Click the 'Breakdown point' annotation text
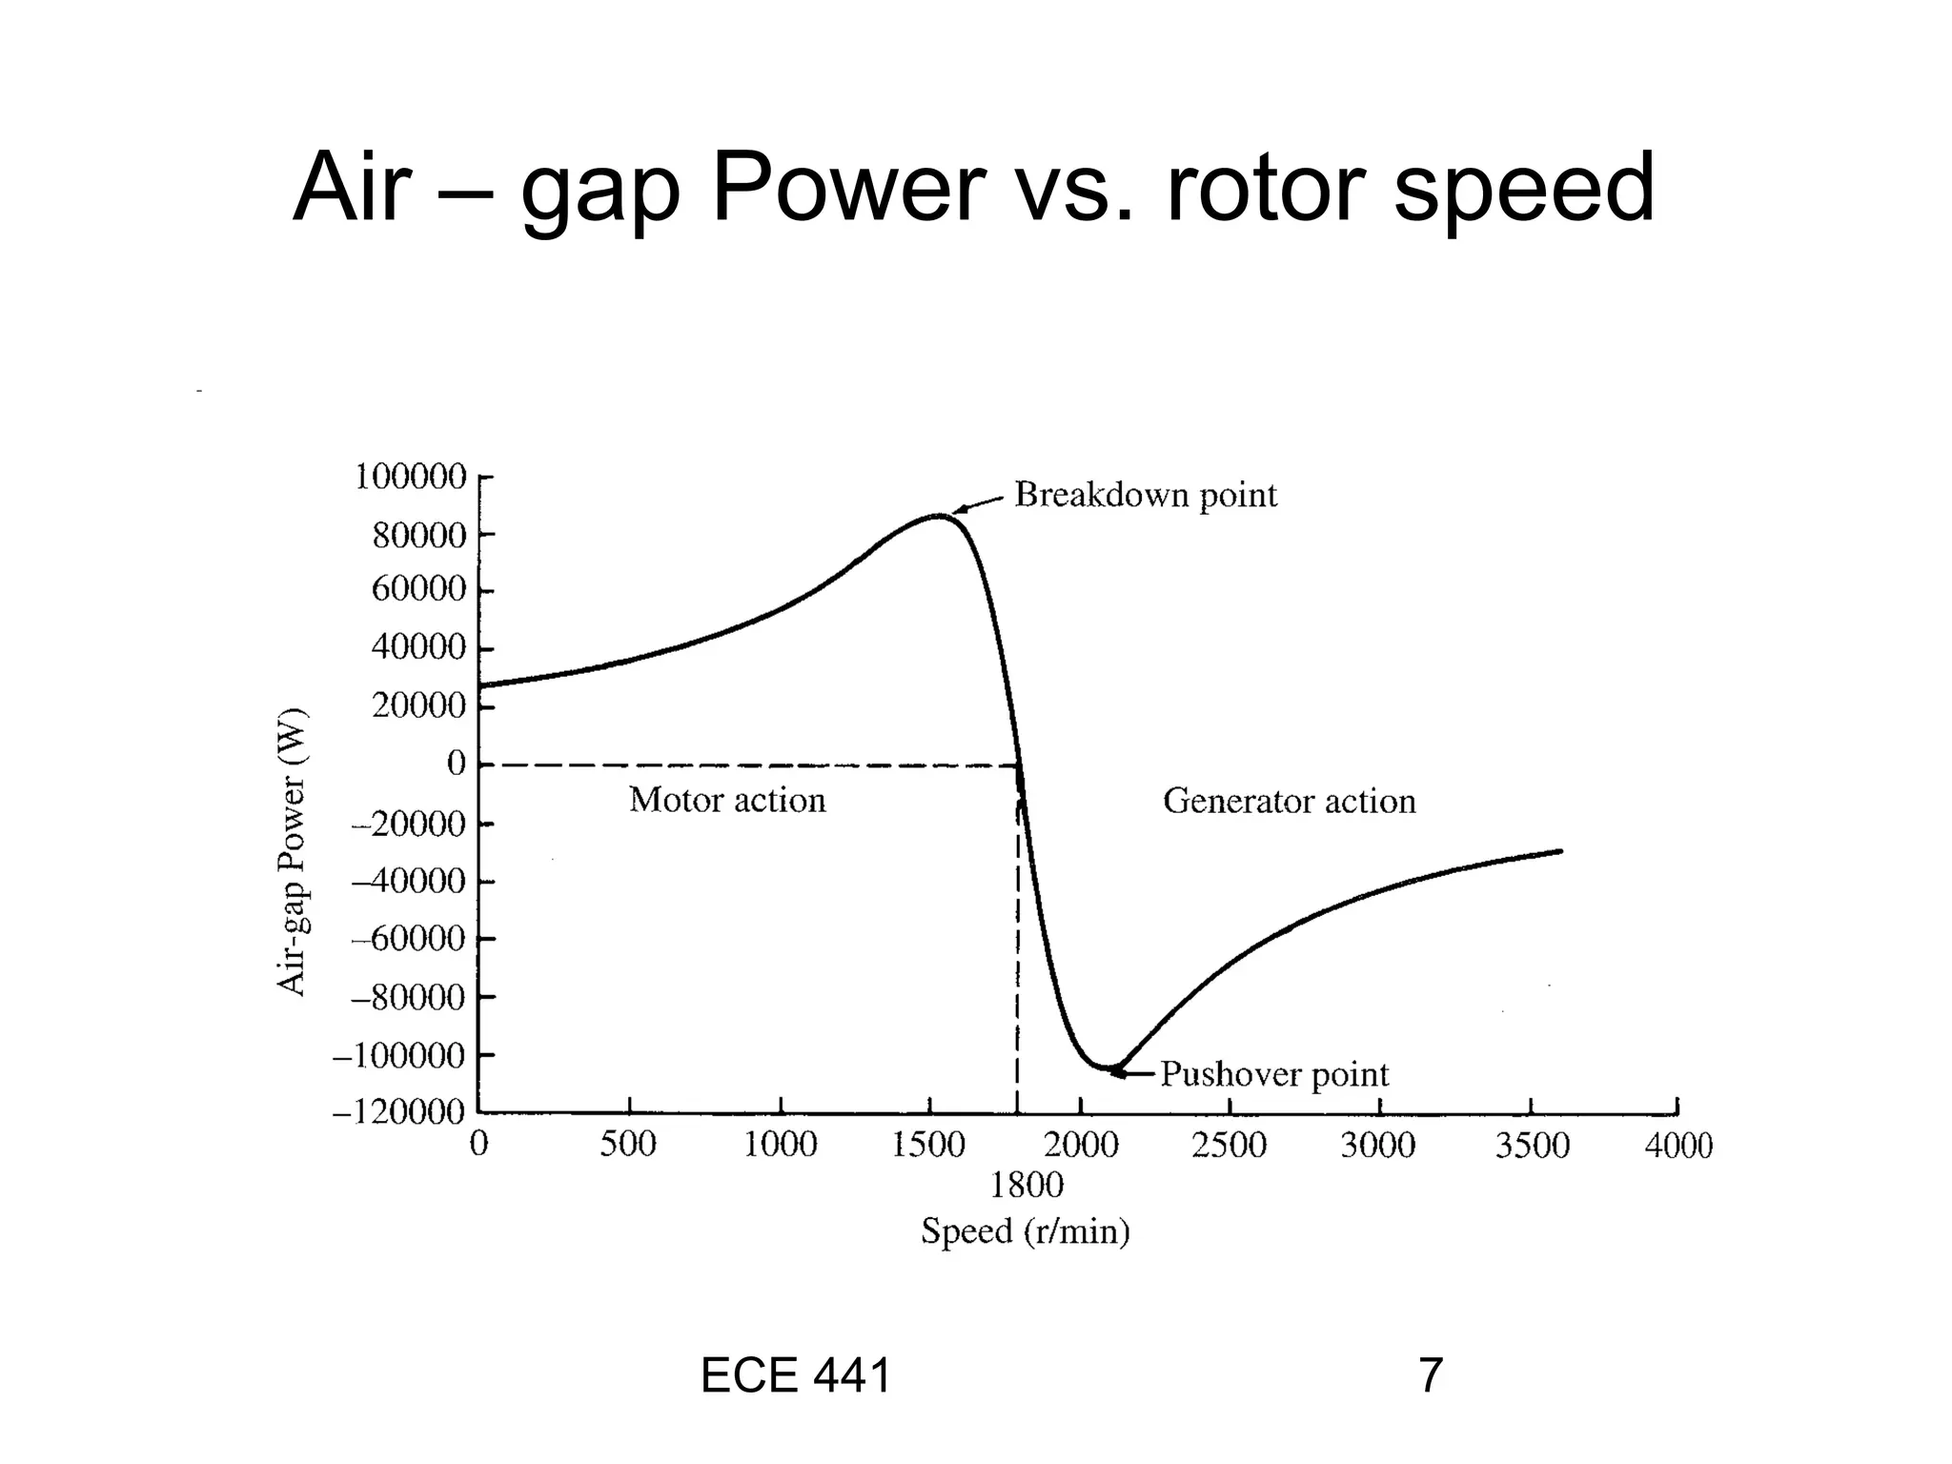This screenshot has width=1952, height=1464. point(1145,495)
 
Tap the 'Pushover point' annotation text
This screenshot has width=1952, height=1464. point(1274,1075)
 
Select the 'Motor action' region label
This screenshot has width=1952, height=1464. point(727,800)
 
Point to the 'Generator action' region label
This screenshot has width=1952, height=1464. point(1289,801)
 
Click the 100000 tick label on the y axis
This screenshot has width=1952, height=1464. point(411,476)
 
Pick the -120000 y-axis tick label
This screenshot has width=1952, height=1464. point(398,1112)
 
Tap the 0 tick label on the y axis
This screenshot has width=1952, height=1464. point(456,763)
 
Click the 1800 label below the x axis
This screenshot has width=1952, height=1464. point(1026,1186)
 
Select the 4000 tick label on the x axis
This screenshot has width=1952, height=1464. point(1677,1145)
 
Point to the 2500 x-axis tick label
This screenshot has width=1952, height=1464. point(1229,1145)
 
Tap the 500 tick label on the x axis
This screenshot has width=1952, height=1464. point(628,1145)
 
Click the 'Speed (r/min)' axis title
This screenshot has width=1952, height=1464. point(1025,1231)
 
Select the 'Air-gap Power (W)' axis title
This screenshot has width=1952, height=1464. point(292,851)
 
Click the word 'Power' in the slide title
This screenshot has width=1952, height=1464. point(848,188)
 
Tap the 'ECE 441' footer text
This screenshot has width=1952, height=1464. point(795,1375)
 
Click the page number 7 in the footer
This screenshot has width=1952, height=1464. point(1430,1375)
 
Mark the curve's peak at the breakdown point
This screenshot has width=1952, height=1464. point(940,516)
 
